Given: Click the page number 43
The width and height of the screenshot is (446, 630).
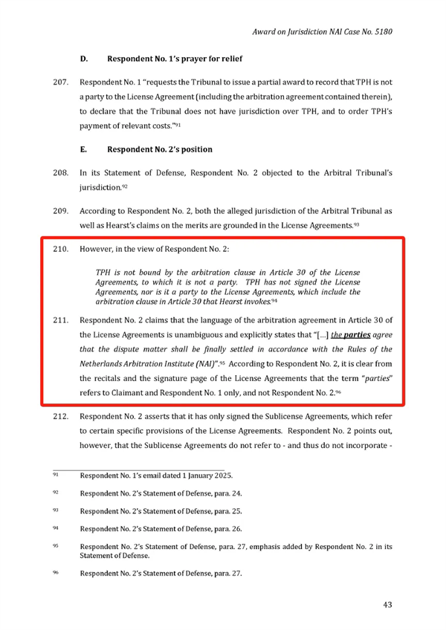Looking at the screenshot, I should [x=387, y=604].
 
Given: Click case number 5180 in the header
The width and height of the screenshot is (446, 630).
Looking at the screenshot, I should [x=380, y=33].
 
